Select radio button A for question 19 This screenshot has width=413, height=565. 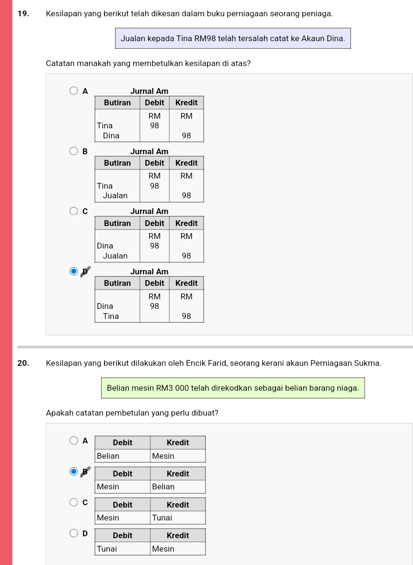pos(74,90)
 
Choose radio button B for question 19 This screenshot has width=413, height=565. pos(74,151)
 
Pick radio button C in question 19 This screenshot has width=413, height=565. pos(74,211)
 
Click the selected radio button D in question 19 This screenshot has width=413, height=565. pos(74,271)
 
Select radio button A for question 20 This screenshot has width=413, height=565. pos(74,441)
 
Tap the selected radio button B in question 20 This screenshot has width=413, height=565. pos(74,471)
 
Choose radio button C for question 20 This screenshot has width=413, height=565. pos(74,502)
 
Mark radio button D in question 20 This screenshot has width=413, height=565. pos(74,533)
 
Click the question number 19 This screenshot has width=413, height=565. pos(23,14)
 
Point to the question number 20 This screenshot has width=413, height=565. pos(23,363)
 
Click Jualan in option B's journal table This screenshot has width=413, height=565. pos(115,196)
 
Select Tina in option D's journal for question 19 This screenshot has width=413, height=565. pos(111,316)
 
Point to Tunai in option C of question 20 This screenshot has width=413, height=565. pos(162,518)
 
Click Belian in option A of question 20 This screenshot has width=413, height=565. pos(108,456)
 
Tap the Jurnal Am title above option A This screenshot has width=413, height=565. pos(149,91)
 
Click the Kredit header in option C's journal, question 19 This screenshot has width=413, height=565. pos(186,223)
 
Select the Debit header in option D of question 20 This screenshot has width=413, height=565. pos(123,535)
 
